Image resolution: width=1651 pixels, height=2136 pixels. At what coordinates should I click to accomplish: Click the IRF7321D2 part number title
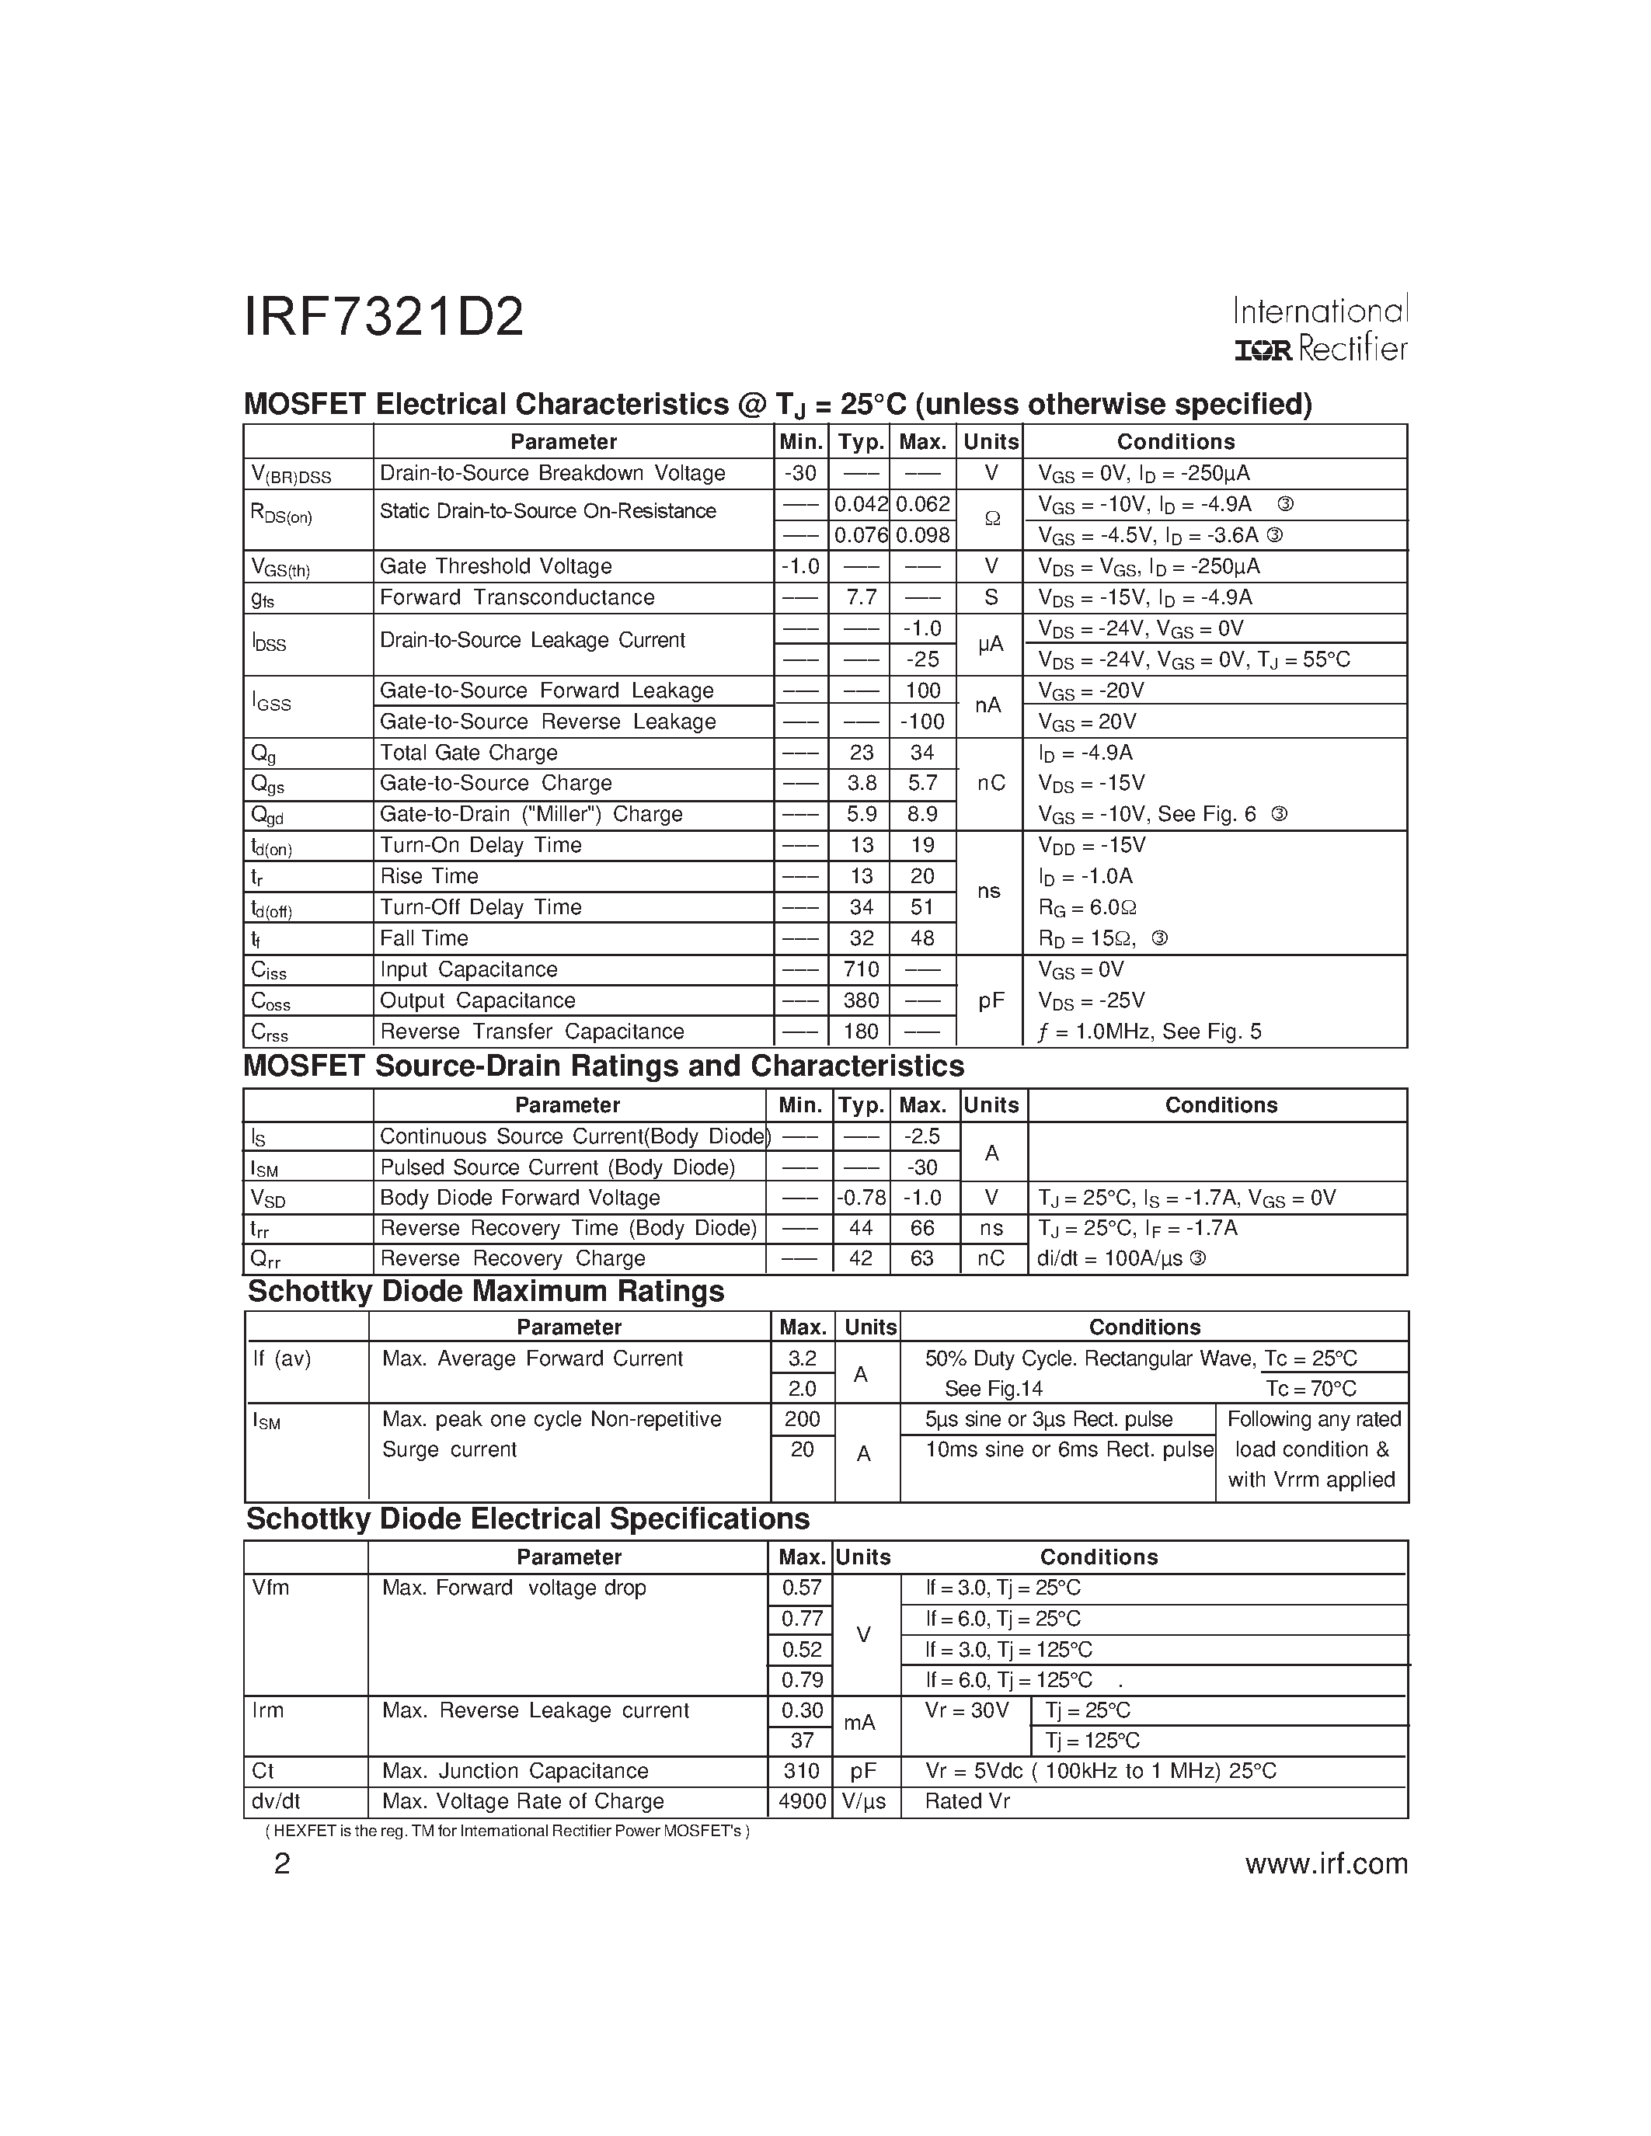coord(383,318)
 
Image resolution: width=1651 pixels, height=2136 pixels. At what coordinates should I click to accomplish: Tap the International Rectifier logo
coord(1319,329)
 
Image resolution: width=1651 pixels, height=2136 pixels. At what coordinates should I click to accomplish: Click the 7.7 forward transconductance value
coord(861,597)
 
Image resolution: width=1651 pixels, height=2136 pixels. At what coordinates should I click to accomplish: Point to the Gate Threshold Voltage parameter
coord(495,566)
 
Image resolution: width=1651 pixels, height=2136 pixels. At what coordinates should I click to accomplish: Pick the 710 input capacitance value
coord(861,969)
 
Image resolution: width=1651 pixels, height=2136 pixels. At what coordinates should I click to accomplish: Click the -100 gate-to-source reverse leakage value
coord(922,722)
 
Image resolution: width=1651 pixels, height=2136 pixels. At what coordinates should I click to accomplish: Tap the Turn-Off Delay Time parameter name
coord(480,906)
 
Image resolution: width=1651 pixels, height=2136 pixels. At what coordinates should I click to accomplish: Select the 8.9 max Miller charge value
coord(922,814)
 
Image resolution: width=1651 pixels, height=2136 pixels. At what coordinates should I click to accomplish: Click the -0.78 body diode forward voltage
coord(861,1198)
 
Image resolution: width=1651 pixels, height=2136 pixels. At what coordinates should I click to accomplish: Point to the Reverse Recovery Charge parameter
coord(513,1259)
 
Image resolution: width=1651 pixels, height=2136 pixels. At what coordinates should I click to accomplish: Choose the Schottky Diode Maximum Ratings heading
coord(486,1292)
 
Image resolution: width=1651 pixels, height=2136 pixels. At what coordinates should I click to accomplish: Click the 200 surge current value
coord(802,1419)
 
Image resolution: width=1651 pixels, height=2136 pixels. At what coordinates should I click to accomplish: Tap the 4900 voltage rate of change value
coord(802,1801)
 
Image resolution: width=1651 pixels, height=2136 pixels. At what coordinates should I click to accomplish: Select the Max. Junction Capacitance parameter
coord(514,1771)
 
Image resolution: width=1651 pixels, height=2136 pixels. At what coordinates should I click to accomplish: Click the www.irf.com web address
coord(1326,1864)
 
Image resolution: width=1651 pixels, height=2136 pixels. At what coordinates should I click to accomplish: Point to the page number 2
coord(282,1864)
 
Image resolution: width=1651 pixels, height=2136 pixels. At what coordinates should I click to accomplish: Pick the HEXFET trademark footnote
coord(507,1831)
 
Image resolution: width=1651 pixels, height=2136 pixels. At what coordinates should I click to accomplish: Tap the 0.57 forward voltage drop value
coord(802,1588)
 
